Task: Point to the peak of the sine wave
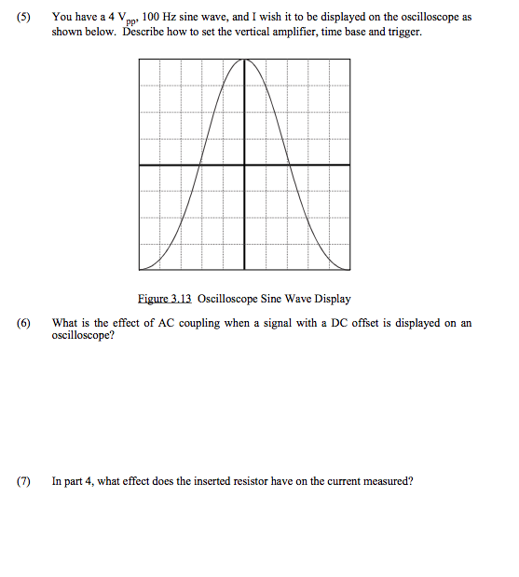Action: click(245, 60)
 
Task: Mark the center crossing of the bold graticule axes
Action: click(245, 165)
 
